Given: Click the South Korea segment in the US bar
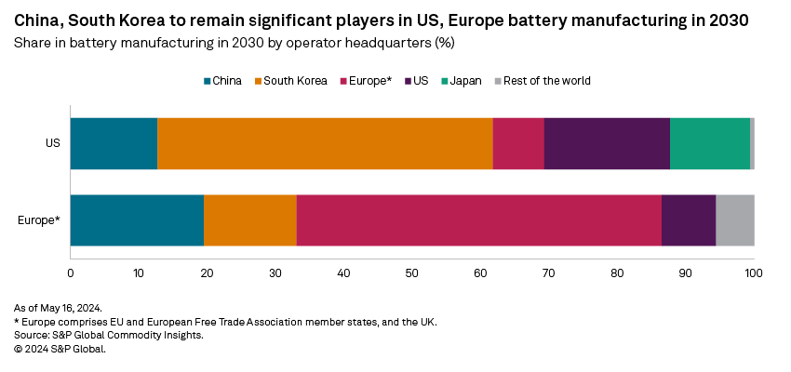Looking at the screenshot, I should click(x=325, y=143).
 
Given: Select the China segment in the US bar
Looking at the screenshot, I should click(x=114, y=143).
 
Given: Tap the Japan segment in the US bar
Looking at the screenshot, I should click(x=709, y=143).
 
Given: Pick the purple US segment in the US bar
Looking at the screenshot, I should click(x=607, y=143).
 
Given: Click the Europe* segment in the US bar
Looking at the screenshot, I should click(x=518, y=143).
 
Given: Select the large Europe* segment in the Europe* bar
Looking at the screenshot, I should click(x=478, y=220).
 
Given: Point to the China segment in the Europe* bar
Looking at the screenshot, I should click(x=137, y=220).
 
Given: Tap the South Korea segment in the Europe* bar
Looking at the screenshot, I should click(x=250, y=220).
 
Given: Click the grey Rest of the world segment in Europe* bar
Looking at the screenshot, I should click(x=734, y=220).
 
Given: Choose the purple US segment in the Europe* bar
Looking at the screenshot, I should click(x=689, y=220).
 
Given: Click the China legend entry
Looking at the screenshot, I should click(x=222, y=81).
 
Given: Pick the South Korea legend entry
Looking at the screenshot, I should click(x=290, y=81).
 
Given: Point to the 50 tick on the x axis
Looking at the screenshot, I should click(x=412, y=272).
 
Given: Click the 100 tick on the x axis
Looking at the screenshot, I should click(x=754, y=272).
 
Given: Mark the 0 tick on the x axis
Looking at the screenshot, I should click(x=71, y=272).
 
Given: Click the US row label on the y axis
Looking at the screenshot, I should click(x=53, y=143).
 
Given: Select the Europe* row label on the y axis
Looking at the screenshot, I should click(x=39, y=220).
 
